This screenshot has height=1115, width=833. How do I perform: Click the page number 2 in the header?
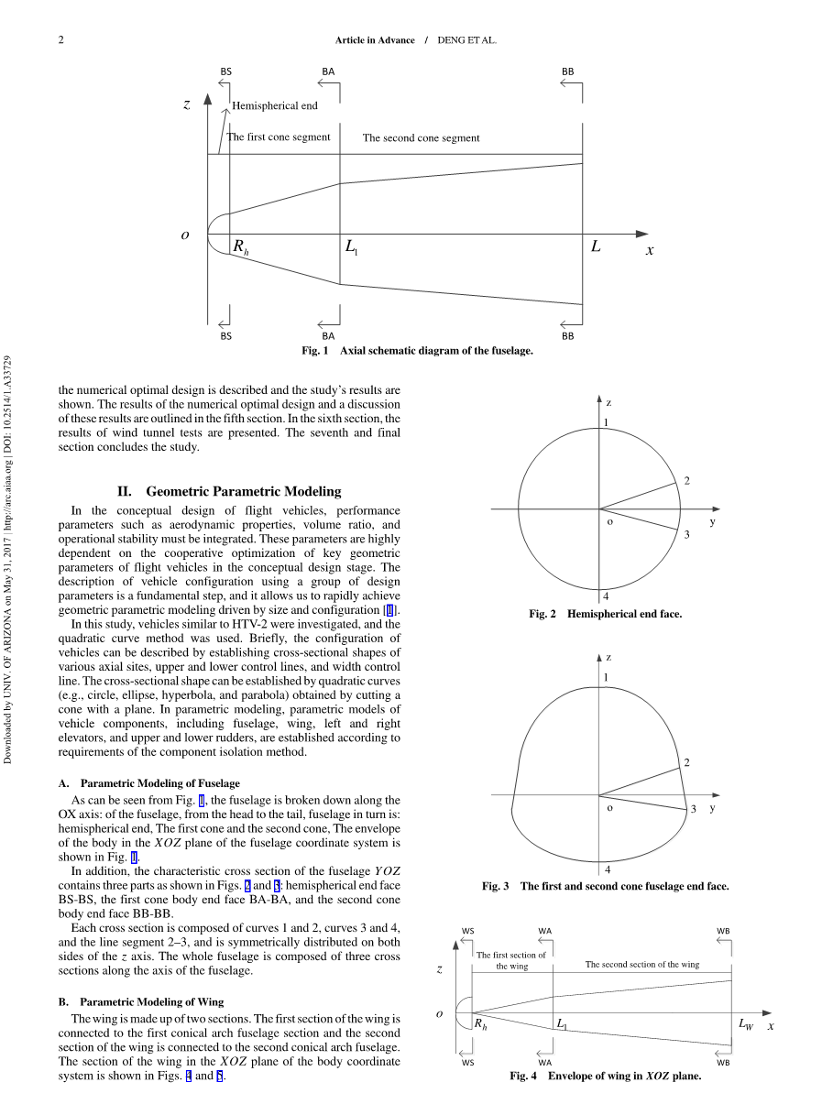tap(60, 40)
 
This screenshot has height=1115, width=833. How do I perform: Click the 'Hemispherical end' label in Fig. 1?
tap(274, 105)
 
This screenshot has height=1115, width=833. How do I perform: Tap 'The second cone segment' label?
tap(421, 138)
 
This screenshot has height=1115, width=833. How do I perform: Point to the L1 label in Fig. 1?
tap(351, 247)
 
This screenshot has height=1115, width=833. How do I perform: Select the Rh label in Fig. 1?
tap(240, 247)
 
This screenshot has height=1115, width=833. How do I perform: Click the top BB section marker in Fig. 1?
tap(568, 71)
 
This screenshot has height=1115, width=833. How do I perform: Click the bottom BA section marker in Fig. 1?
tap(328, 336)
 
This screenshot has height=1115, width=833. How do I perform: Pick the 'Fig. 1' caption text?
tap(417, 351)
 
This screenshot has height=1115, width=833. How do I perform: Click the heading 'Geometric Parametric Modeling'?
tap(243, 491)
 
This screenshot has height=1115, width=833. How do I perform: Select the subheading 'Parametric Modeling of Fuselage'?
tap(160, 783)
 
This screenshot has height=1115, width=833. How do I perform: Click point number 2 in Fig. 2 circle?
tap(686, 481)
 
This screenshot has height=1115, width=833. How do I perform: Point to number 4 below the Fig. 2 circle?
tap(606, 596)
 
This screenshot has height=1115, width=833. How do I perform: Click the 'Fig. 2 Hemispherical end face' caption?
tap(605, 614)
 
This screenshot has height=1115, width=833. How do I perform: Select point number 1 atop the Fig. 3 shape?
tap(606, 677)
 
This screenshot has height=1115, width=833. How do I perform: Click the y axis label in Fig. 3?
tap(712, 807)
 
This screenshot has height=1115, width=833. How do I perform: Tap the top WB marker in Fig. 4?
tap(723, 931)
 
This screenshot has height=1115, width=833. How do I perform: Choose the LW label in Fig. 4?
tap(746, 1024)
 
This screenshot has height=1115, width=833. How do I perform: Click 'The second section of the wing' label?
tap(641, 965)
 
